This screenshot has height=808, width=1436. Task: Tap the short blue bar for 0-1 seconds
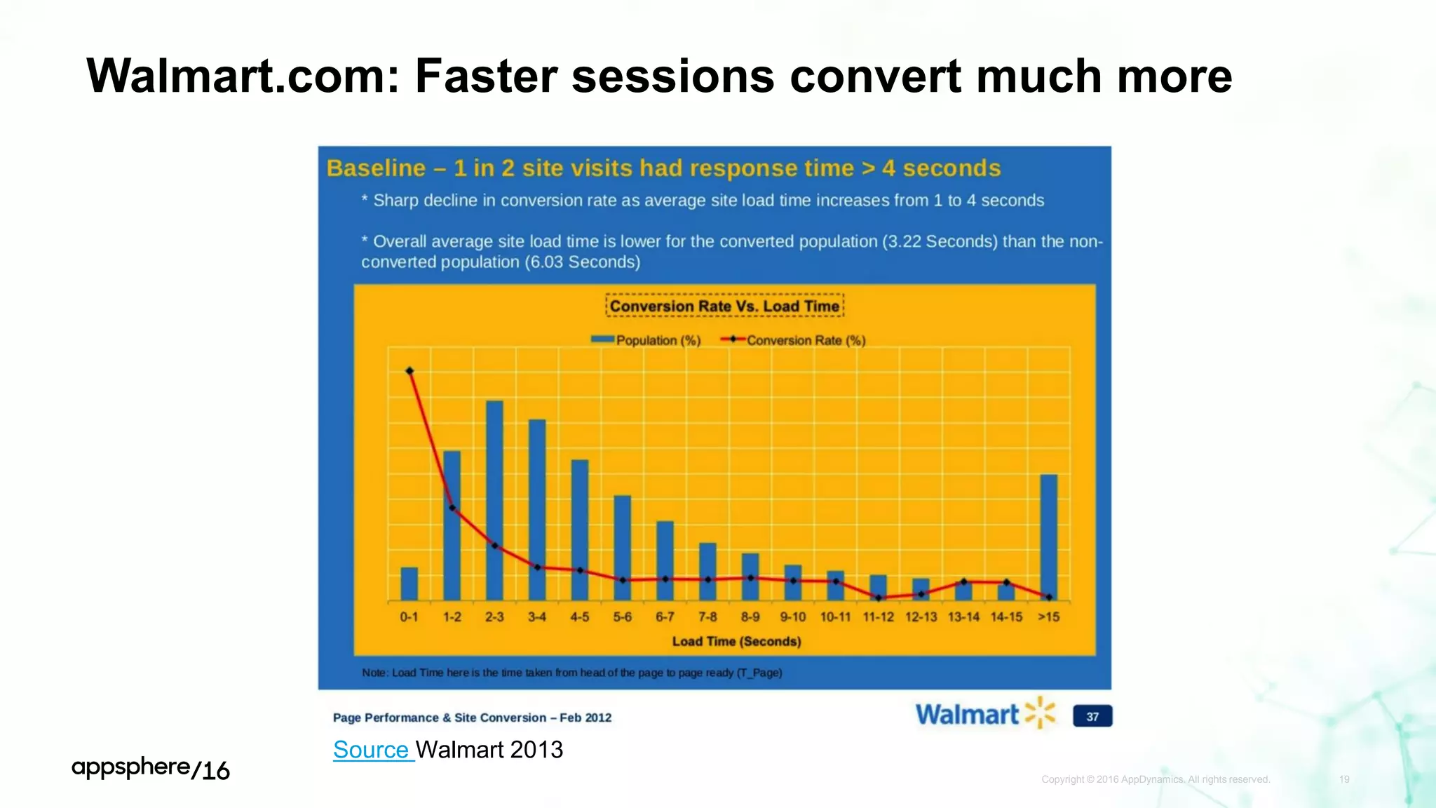(409, 584)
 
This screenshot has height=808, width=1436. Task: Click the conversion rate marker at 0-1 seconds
(409, 371)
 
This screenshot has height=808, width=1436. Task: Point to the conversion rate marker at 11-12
(879, 598)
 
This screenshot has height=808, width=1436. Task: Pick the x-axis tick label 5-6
(622, 617)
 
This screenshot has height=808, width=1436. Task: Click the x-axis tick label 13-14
(963, 617)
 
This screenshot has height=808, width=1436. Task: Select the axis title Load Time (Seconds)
(736, 641)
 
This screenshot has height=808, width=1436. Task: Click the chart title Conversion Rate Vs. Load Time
(724, 306)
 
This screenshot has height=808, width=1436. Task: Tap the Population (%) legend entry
(646, 340)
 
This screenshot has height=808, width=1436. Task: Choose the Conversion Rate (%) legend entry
(794, 340)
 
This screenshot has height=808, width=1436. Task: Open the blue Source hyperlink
(371, 750)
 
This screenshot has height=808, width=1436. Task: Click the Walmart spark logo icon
(1039, 713)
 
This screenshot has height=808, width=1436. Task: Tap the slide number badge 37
(1092, 716)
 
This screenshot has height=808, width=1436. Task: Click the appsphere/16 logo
(151, 769)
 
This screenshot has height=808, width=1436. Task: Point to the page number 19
(1344, 779)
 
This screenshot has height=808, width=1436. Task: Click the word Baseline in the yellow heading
(376, 168)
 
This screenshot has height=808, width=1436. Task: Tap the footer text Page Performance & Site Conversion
(440, 718)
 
